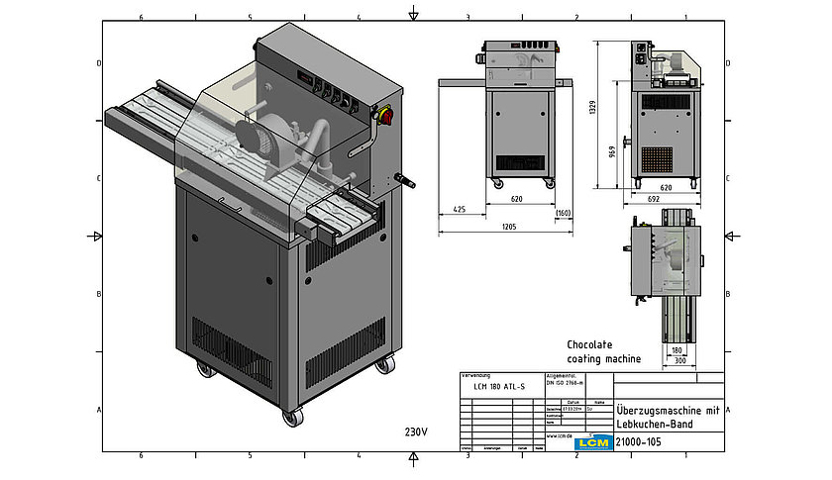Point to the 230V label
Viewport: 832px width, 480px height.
(x=416, y=432)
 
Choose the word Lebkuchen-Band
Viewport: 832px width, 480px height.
(x=654, y=424)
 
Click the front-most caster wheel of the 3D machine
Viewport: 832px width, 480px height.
(x=292, y=417)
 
